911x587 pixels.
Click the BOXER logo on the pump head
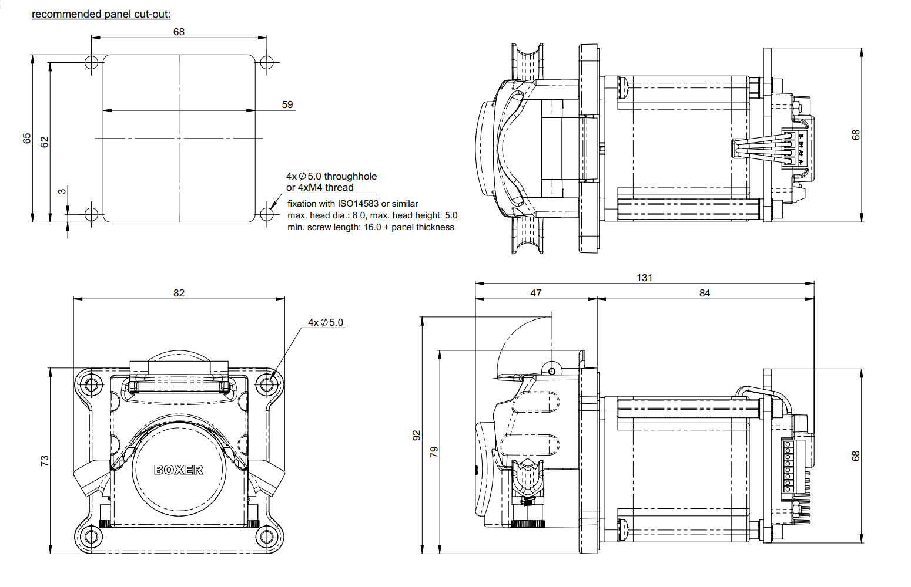(x=179, y=470)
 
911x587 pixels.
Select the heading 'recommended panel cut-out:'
(x=101, y=14)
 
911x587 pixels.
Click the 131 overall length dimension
(x=644, y=278)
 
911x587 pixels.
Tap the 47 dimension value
(x=535, y=293)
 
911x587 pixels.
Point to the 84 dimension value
(x=704, y=293)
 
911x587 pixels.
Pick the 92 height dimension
(x=417, y=435)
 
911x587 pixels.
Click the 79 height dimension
(x=434, y=451)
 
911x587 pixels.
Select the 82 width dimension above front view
(x=179, y=293)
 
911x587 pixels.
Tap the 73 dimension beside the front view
(x=45, y=461)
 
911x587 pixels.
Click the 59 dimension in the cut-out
(x=287, y=104)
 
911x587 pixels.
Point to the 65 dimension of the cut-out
(x=27, y=139)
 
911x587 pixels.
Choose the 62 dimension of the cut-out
(x=45, y=142)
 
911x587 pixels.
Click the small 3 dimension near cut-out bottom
(x=62, y=191)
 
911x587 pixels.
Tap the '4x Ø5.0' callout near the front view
(x=326, y=322)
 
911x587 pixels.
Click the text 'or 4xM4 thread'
(x=320, y=188)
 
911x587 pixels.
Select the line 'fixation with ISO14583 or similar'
(x=353, y=204)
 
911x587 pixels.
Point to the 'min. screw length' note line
(x=370, y=227)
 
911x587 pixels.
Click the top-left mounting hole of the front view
(x=91, y=385)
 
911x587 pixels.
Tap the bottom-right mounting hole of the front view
(x=267, y=536)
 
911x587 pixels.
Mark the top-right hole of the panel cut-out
(x=267, y=62)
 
